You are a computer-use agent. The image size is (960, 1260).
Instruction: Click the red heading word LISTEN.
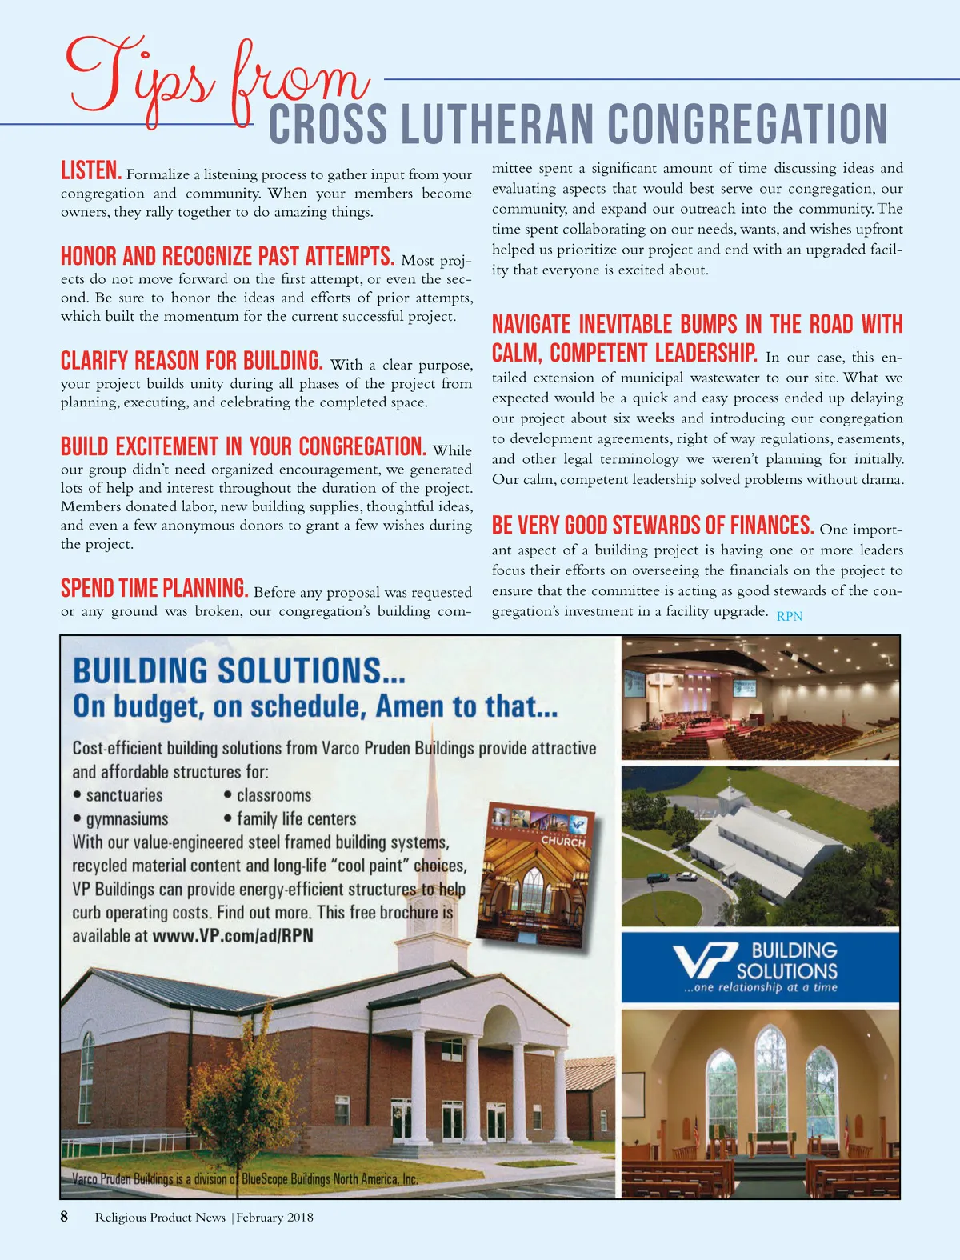[x=91, y=170]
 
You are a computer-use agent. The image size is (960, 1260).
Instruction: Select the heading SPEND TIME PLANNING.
[x=154, y=588]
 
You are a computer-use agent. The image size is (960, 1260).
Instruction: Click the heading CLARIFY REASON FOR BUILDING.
[x=191, y=360]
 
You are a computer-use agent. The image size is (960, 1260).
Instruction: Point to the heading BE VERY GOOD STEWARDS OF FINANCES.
[x=653, y=526]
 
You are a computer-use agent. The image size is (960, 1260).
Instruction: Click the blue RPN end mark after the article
[x=789, y=616]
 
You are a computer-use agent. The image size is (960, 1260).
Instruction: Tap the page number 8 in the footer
[x=65, y=1217]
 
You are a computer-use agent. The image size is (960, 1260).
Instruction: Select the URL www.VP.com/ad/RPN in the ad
[x=233, y=935]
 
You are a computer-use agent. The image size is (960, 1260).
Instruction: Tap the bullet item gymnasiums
[x=127, y=819]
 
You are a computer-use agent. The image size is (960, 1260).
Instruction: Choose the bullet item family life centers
[x=296, y=819]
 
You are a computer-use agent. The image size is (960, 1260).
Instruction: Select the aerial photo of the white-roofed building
[x=760, y=846]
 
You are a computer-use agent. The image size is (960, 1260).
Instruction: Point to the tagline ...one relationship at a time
[x=760, y=988]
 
